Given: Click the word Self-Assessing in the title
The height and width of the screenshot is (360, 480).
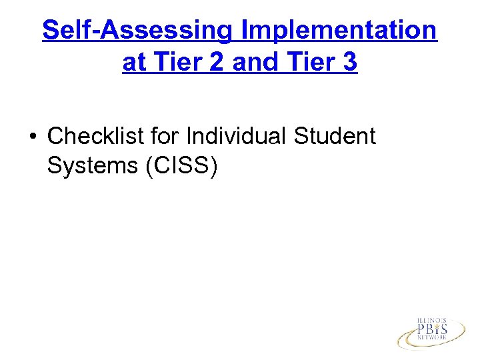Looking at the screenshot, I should (x=137, y=31).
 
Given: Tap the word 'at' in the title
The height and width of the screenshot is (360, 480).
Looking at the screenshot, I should (x=133, y=63).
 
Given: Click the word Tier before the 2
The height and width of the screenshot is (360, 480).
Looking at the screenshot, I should (x=175, y=63).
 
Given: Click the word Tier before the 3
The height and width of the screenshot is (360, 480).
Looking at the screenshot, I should (x=311, y=63).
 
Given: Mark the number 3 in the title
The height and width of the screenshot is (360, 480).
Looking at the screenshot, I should (x=349, y=63).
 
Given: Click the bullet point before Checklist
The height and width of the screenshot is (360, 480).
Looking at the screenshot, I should (x=31, y=137).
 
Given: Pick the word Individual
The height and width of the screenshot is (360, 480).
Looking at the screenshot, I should (x=237, y=136).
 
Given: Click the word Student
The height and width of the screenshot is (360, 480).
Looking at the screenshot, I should (x=336, y=136).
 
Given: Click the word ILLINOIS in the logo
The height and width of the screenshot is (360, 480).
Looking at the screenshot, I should (x=432, y=320).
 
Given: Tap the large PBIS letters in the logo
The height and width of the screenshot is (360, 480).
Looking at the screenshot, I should (x=432, y=330).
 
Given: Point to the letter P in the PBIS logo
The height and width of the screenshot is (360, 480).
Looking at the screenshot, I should (x=421, y=330).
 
